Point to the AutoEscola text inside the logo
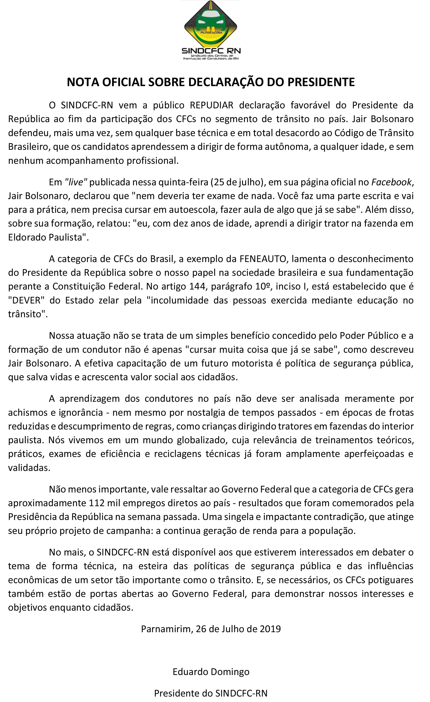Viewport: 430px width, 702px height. (211, 33)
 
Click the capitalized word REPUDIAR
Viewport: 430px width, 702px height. (212, 105)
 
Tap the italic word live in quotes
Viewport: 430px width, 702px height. (76, 182)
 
